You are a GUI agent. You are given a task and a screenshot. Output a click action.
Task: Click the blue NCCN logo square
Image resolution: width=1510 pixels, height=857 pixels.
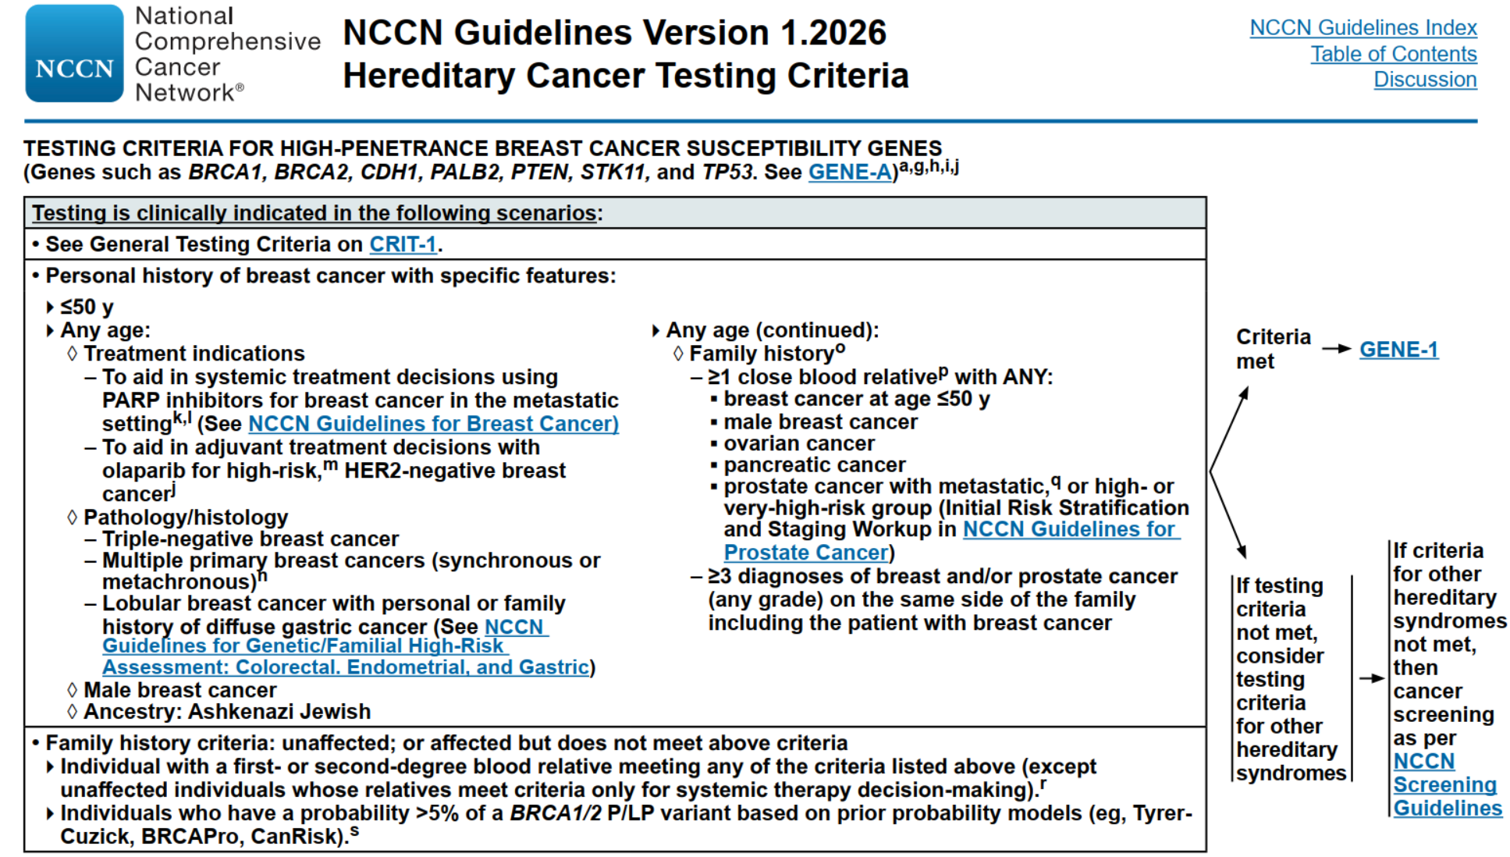click(x=74, y=53)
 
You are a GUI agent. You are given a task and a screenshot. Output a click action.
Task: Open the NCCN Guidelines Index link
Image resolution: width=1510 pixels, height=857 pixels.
click(x=1363, y=28)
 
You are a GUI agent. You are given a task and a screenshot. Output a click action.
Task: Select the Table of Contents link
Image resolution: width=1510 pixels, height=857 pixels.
click(x=1393, y=54)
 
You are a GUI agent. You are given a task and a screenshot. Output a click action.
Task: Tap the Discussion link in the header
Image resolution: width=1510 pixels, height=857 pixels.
click(x=1424, y=80)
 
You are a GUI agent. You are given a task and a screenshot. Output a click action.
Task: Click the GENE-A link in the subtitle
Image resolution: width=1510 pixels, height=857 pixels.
click(x=849, y=172)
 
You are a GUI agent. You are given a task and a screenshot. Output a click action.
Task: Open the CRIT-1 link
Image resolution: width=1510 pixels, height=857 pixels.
click(x=402, y=244)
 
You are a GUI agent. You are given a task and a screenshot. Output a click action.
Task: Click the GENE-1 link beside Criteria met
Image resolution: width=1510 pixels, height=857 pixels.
click(x=1398, y=350)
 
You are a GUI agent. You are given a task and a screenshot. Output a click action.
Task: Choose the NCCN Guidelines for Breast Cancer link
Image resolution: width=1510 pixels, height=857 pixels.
click(x=433, y=424)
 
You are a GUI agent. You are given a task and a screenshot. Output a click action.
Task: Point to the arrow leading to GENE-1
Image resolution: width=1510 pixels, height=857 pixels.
click(x=1336, y=349)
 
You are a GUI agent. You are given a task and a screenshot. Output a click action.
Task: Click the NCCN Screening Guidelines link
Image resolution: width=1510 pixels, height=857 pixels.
click(x=1446, y=784)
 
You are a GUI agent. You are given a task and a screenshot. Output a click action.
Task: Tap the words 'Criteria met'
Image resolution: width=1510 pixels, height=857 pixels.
click(x=1272, y=349)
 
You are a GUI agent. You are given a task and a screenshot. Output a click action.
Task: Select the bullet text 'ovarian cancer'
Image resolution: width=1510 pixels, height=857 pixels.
click(x=798, y=443)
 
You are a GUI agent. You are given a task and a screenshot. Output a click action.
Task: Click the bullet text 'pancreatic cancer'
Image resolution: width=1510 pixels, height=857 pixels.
click(x=814, y=465)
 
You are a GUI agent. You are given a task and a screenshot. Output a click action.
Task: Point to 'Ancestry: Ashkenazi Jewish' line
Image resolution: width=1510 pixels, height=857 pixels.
click(x=226, y=712)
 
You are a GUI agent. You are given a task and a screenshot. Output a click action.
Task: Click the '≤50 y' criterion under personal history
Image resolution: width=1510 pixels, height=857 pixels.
click(x=87, y=308)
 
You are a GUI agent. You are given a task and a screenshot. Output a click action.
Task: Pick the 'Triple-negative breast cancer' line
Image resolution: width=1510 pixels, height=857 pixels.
click(x=250, y=539)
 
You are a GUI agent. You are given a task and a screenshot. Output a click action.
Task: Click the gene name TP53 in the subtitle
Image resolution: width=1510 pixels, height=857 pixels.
click(x=727, y=172)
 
